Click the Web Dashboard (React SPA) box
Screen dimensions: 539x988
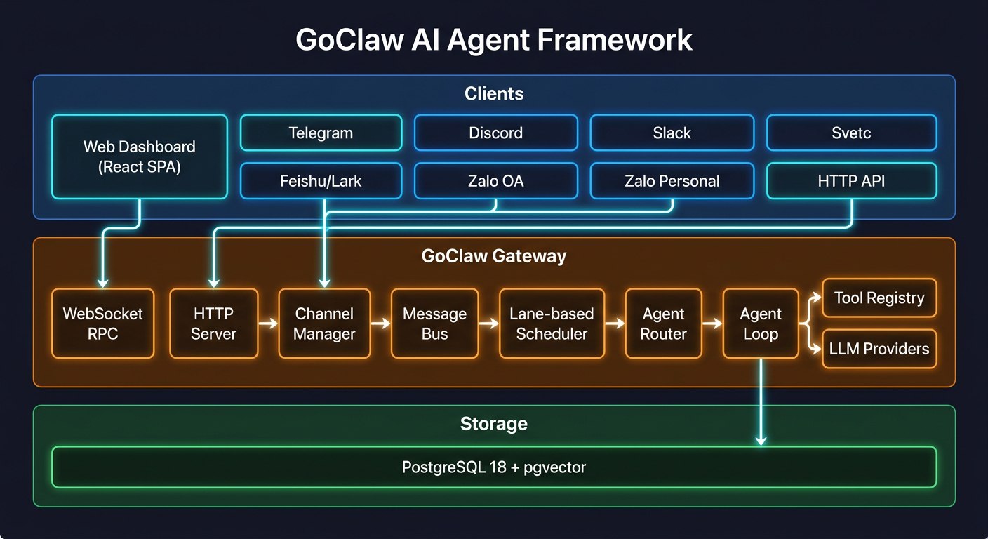click(140, 157)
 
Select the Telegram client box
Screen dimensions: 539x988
click(321, 133)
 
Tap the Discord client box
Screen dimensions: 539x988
click(495, 133)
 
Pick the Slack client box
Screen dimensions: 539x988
click(672, 133)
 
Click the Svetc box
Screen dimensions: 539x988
click(851, 133)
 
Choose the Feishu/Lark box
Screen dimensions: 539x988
click(321, 181)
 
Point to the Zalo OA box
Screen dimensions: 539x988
click(495, 181)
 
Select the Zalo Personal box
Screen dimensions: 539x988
click(672, 181)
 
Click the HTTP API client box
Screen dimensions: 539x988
click(851, 181)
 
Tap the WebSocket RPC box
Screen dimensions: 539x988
click(102, 324)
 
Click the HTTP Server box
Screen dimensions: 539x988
click(213, 324)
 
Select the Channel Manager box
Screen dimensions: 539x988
click(323, 324)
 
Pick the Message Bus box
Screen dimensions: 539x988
click(434, 324)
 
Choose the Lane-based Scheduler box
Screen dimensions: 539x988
click(552, 324)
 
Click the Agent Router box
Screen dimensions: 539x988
click(663, 324)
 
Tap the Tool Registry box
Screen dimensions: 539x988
click(879, 298)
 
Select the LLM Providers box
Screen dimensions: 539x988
click(879, 349)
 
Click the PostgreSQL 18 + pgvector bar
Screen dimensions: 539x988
click(494, 467)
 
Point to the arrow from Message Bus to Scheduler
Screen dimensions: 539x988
click(488, 324)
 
